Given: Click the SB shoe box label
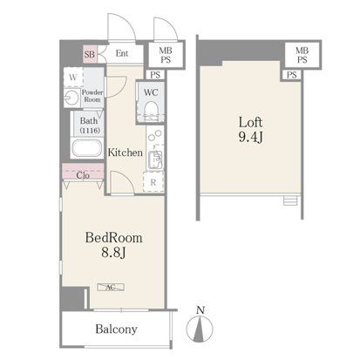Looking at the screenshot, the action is pos(90,54).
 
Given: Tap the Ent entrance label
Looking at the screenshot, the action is pos(122,53).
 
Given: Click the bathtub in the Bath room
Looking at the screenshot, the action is pos(87,149).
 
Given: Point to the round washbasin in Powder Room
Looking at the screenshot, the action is pos(71,98).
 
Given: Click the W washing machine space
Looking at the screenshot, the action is pos(73,78).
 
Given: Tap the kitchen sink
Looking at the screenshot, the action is pos(155,160).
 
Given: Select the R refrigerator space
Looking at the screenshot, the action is pos(153,182).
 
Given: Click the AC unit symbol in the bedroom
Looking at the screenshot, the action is pos(111,287).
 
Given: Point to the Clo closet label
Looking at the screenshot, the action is pos(83,175).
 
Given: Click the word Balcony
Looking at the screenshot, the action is pos(116,329).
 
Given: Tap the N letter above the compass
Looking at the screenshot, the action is pos(200,310).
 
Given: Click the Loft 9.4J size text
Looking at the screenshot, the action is pos(250,130).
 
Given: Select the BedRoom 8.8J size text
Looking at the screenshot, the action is pos(113,245).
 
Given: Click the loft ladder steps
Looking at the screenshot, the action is pos(290,200).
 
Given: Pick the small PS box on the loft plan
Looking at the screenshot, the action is pos(292,75).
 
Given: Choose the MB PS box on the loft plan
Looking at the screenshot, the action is pos(302,55).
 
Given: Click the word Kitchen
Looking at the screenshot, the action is pos(126,153).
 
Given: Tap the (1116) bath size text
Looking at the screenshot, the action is pos(90,130).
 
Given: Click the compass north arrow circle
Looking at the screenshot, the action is pos(200,329).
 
